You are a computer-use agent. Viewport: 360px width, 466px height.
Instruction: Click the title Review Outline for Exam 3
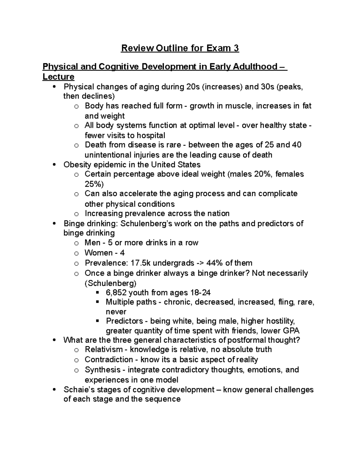180,48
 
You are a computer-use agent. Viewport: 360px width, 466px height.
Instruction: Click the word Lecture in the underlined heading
58,77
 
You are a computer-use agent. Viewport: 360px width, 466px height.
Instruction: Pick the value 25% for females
94,184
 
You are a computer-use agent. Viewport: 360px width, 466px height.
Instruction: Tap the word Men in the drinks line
92,243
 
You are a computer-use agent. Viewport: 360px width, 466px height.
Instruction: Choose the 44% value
214,263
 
